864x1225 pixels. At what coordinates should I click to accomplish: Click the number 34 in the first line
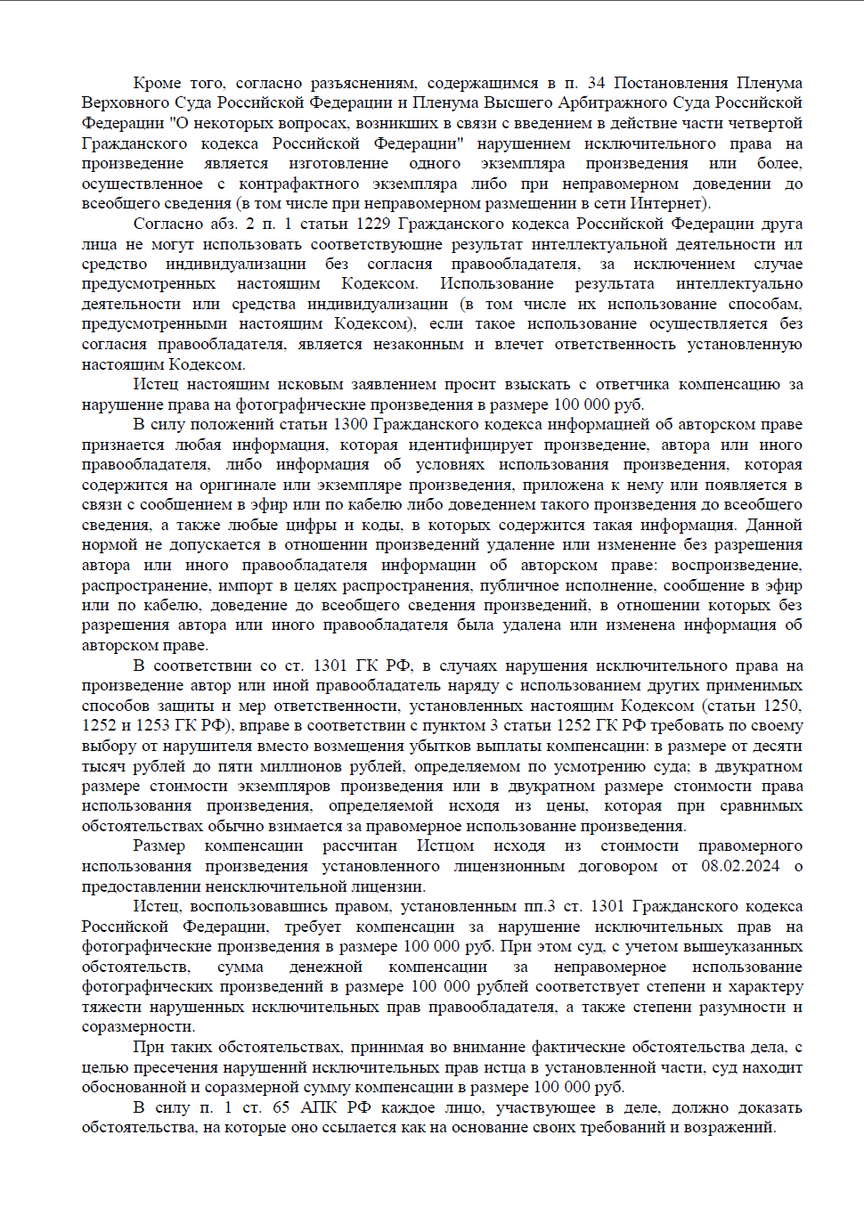596,83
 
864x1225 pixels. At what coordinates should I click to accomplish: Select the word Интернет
667,203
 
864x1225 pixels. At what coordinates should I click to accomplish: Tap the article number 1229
373,224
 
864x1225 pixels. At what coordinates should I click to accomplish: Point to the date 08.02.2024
740,866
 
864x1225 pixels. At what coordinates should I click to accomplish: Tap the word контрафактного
298,184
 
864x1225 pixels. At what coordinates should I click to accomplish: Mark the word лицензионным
509,866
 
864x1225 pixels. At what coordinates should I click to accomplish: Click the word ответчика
632,385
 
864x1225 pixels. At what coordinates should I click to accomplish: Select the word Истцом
445,845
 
